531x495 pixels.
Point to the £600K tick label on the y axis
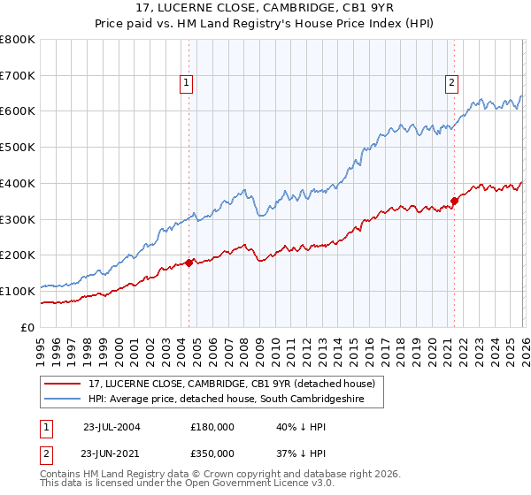point(18,111)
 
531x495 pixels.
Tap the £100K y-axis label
point(18,291)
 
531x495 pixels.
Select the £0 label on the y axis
point(28,327)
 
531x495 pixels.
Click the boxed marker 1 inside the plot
point(188,84)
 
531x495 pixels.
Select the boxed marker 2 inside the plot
point(451,84)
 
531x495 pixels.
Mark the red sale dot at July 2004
point(189,263)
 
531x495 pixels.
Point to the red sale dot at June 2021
point(454,201)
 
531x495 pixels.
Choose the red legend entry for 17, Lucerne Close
point(232,384)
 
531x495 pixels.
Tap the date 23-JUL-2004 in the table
point(112,427)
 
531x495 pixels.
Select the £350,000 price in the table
point(212,453)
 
